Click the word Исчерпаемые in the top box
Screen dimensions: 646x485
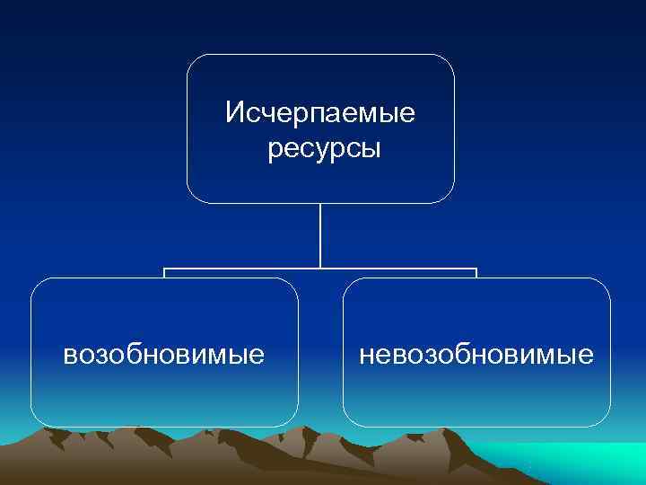click(320, 114)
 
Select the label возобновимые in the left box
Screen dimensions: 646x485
click(164, 355)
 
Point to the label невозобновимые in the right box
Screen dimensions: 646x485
click(476, 355)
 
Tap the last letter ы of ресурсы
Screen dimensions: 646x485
click(374, 149)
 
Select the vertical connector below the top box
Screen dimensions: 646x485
click(320, 235)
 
